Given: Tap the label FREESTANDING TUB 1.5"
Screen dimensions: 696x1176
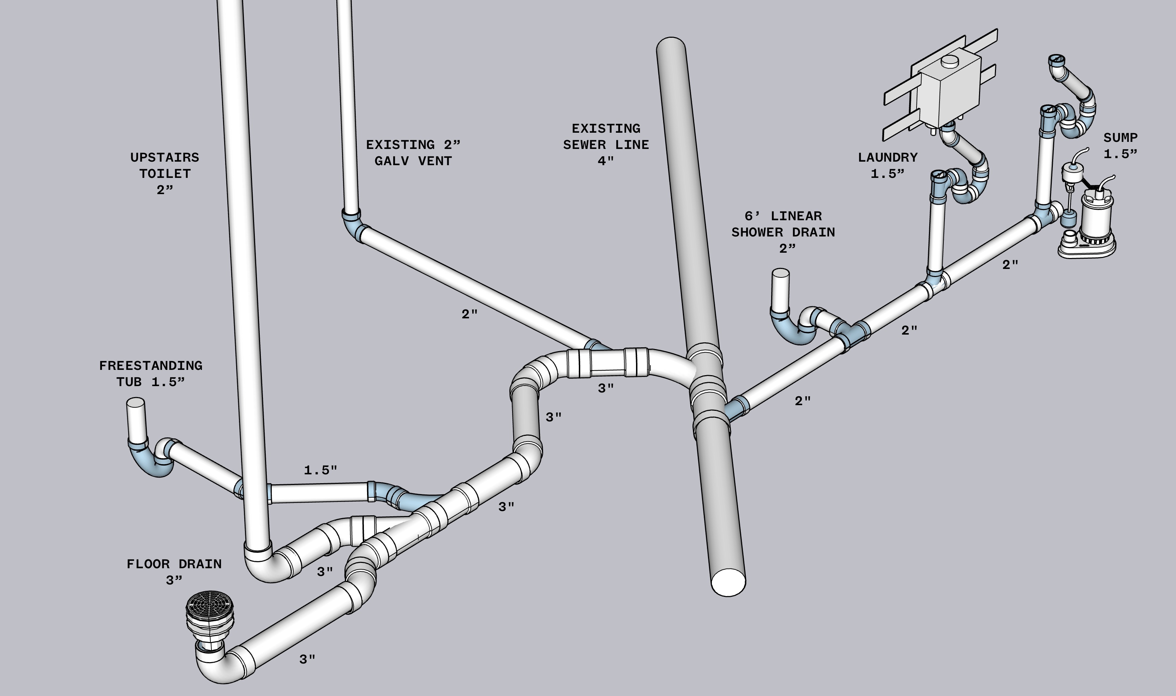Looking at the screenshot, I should point(150,374).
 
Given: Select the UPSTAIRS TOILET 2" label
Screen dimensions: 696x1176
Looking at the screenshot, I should point(164,174).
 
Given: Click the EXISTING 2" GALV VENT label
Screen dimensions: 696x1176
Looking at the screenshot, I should point(413,152).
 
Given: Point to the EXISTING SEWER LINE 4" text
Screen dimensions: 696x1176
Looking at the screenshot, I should point(606,144).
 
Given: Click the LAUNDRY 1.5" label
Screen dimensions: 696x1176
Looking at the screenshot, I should point(888,165).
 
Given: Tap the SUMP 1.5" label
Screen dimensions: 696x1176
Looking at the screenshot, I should point(1120,145).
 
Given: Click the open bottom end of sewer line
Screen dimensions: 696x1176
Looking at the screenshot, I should point(728,582).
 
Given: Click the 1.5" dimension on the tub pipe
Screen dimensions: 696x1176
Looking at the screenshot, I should point(320,470).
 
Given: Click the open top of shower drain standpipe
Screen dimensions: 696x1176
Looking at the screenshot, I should point(781,272).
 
